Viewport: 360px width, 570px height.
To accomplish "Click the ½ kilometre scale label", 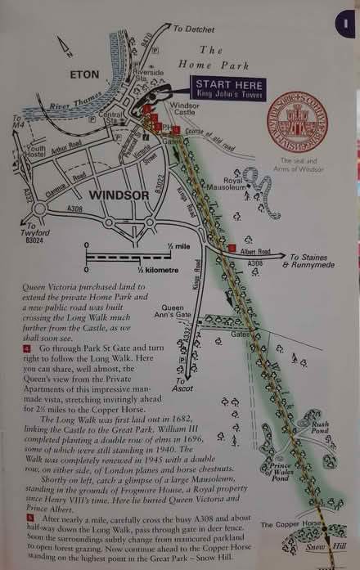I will pos(132,270).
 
